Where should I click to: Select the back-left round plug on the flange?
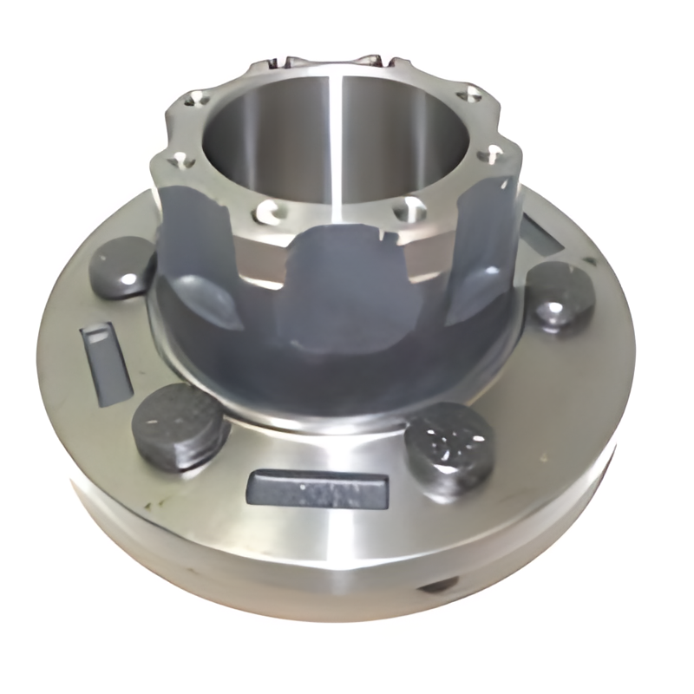point(121,265)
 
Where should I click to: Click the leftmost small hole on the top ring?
point(178,159)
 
